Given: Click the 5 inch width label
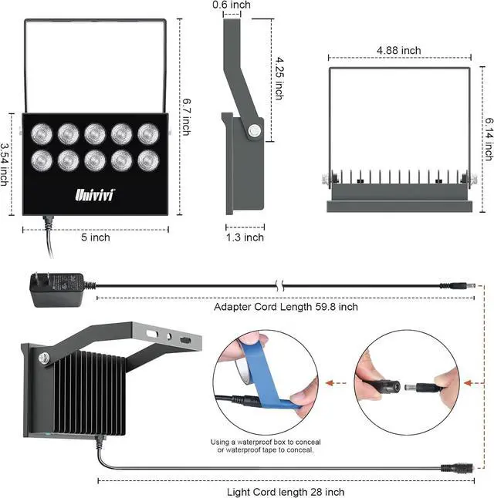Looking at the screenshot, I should pos(95,237).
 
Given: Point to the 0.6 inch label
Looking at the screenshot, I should pos(232,5).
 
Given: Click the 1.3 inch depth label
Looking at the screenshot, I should pos(244,237).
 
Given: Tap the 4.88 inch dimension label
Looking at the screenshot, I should pos(398,51).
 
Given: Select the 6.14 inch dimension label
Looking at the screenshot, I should pos(488,139).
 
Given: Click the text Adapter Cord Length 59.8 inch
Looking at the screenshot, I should pos(286,307).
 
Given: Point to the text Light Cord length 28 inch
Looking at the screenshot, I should pos(286,492).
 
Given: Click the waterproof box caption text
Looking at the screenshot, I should pos(266,446).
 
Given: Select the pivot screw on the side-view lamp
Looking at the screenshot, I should pos(252,132).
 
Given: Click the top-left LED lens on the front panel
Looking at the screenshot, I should pos(41,134).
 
